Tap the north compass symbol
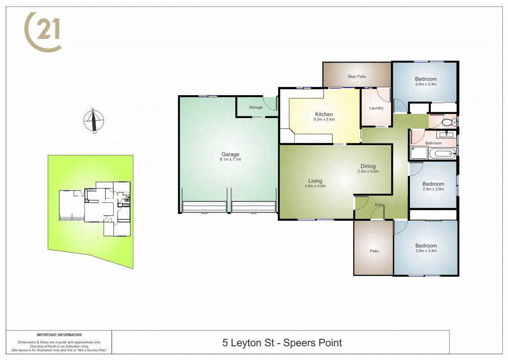coord(94,121)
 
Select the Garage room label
coord(230,154)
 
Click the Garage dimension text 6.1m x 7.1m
coord(230,159)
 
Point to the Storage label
coord(256,107)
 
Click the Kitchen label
coord(324,114)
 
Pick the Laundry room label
coord(376,108)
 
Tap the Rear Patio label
coord(357,76)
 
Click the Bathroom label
coord(433,143)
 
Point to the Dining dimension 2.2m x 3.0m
coord(368,171)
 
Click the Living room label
coord(315,181)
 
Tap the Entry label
coord(379,205)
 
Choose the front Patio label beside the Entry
coord(374,251)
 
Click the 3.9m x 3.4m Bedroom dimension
coord(426,251)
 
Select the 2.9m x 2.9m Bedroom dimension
coord(433,189)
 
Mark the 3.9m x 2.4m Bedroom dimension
coord(426,84)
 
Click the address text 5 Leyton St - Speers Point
coord(282,343)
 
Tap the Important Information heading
coord(59,335)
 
